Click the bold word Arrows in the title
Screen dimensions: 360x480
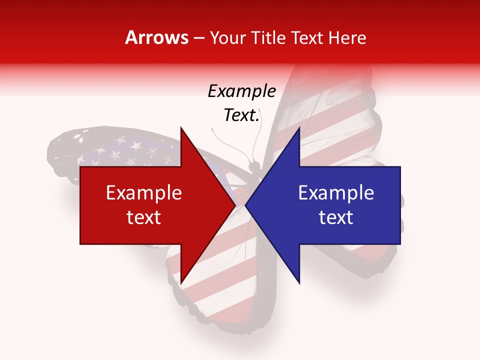(x=157, y=37)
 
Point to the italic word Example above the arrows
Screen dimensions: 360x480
(x=242, y=91)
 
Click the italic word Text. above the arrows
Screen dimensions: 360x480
(x=242, y=115)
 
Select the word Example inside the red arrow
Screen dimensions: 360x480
(x=144, y=193)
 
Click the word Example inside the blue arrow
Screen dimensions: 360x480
(x=336, y=193)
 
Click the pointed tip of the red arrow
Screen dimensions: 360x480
(x=235, y=205)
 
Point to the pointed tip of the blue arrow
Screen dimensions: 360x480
(x=245, y=205)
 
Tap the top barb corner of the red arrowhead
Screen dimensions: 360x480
(x=180, y=127)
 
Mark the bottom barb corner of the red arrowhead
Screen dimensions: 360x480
(x=180, y=283)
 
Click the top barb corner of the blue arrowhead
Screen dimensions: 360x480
(x=299, y=127)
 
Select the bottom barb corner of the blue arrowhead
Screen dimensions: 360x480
(x=299, y=283)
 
